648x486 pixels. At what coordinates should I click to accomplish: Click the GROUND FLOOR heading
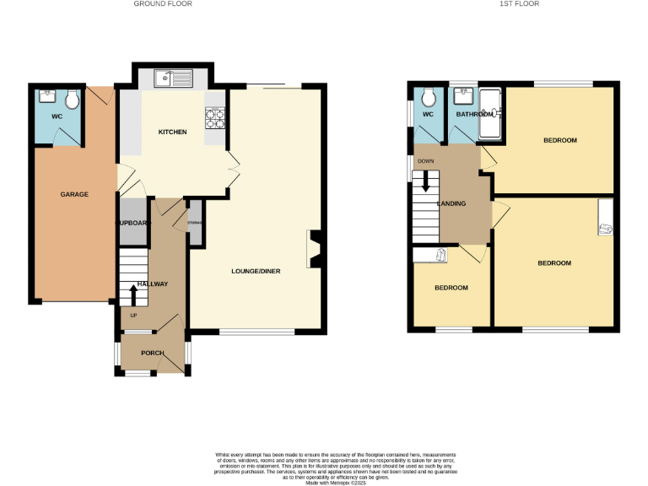pos(163,4)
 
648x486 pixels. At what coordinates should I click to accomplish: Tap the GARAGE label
pos(74,195)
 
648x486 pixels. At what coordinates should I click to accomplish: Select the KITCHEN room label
pos(172,132)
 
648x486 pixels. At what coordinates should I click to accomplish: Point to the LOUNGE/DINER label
pos(256,272)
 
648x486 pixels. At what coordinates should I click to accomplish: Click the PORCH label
pos(153,353)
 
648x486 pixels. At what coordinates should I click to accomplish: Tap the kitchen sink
pos(174,78)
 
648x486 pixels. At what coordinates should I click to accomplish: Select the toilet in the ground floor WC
pos(73,100)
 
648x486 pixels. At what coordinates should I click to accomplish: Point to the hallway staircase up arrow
pos(132,294)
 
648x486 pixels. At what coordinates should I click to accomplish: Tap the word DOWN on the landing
pos(425,160)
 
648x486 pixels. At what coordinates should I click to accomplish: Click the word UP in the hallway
pos(132,316)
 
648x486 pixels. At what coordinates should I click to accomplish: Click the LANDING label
pos(451,203)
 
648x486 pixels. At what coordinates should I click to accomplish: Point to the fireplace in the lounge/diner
pos(313,250)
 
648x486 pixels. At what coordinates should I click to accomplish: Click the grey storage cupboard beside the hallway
pos(195,224)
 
